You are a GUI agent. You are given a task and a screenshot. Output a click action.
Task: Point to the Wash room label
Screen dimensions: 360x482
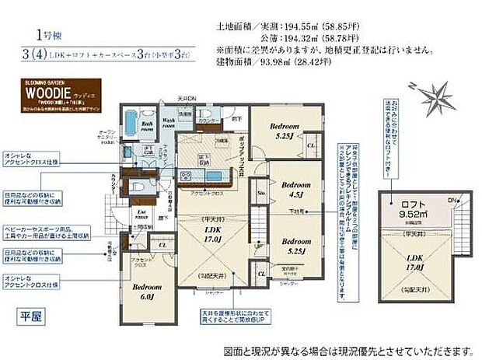point(170,122)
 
